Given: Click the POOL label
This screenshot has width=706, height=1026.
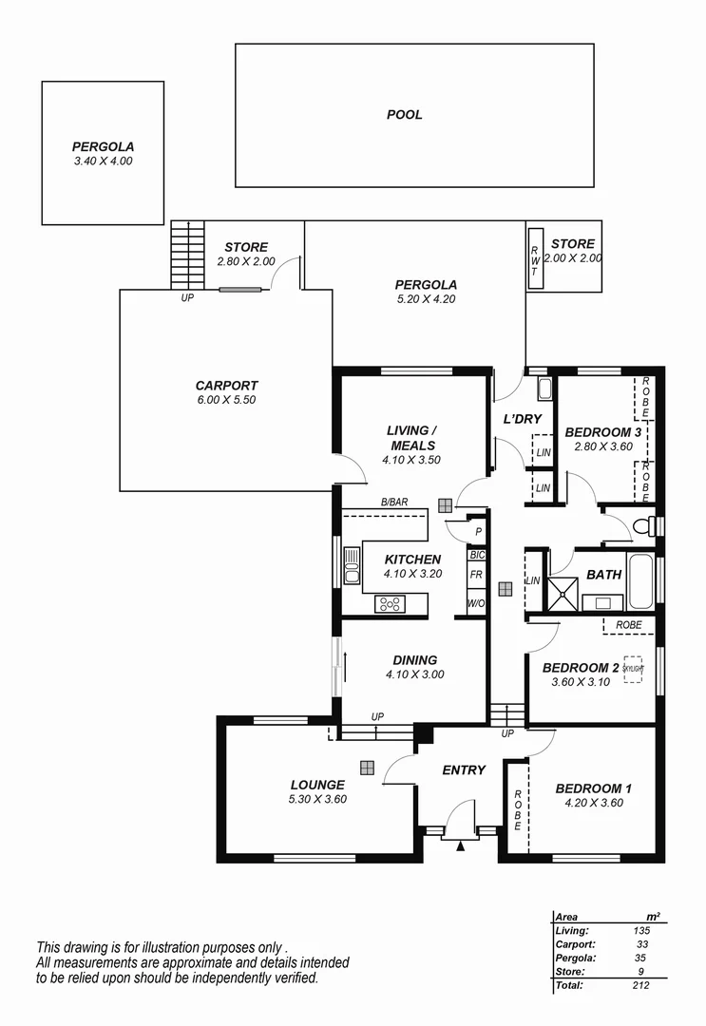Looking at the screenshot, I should pos(404,115).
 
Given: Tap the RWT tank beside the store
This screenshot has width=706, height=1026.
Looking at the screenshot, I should pos(535,256).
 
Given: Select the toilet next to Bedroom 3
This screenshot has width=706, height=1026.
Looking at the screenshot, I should pos(645,525).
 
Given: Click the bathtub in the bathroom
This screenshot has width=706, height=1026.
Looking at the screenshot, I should pos(640,581).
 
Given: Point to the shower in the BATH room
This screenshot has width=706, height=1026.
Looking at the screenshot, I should pos(562,593).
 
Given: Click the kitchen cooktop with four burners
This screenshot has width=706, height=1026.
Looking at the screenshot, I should pos(390,603).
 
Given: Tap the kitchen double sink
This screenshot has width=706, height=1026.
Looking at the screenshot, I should pos(352,565).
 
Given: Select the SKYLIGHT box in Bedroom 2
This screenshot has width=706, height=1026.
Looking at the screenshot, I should pos(634,669).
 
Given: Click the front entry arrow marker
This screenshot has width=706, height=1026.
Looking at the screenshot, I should pos(461,844).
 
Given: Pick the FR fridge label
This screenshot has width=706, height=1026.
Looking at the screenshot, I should pos(476,576).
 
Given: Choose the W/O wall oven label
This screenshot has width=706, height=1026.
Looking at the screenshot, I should pos(476,603).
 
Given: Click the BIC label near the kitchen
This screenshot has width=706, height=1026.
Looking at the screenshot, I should pos(476,555).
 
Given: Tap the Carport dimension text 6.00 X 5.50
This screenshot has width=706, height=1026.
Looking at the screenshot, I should pos(226,400).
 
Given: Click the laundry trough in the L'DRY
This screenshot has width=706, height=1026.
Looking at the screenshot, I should pos(544,388).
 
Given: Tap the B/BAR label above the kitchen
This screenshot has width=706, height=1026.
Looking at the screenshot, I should pos(393,503).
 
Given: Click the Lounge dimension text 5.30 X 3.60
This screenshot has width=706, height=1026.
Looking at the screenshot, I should pos(317,799).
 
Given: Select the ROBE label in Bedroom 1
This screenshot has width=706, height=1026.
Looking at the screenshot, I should pos(518,810).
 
